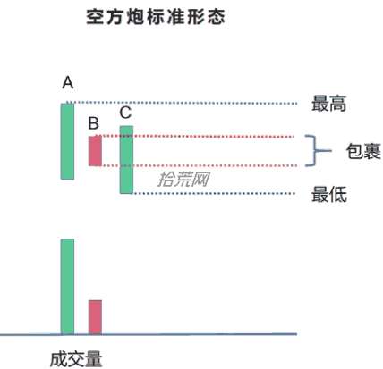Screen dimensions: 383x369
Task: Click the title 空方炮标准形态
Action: (156, 16)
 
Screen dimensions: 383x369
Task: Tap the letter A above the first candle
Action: (68, 82)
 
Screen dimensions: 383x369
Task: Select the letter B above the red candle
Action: (94, 123)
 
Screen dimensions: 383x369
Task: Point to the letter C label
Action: (125, 113)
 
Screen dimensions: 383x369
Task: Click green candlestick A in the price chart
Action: (67, 141)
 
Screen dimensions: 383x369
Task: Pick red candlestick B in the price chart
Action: (95, 151)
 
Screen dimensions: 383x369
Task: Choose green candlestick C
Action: (126, 160)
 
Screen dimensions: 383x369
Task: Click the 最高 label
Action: (328, 104)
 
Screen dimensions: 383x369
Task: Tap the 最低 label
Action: (329, 195)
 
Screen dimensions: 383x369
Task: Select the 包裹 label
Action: (363, 151)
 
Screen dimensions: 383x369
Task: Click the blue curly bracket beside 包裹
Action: (315, 151)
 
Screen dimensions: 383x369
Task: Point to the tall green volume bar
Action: (67, 287)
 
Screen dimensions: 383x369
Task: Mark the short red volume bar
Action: (95, 317)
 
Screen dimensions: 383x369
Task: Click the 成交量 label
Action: (76, 359)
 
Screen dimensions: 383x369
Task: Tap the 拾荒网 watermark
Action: (183, 179)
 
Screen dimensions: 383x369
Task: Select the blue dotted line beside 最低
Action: (214, 194)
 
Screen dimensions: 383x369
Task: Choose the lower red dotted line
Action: (198, 165)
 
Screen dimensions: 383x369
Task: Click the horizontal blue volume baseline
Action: (149, 335)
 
